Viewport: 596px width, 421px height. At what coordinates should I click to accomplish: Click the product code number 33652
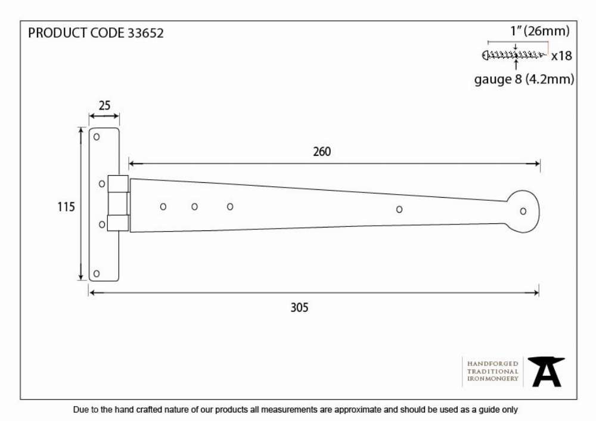145,33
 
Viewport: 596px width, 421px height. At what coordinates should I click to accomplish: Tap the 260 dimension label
322,152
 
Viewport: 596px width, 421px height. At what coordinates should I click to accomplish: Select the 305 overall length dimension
300,307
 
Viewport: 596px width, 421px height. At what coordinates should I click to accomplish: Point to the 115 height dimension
66,207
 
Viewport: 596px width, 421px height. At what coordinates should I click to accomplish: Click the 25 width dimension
104,105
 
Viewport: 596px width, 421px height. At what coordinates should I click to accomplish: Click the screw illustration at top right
515,55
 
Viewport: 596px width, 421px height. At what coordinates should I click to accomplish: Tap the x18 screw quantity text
561,56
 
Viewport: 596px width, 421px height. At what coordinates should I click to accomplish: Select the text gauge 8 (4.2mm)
524,79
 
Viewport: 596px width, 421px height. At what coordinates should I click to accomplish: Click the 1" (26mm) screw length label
540,31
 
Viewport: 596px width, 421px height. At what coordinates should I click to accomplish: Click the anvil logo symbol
546,372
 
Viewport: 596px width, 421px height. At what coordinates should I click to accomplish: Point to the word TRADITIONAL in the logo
493,371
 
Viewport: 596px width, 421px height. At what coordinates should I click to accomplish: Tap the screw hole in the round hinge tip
523,211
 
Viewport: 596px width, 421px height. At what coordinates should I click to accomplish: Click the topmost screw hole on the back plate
97,137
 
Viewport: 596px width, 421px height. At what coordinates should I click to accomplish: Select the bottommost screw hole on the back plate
97,273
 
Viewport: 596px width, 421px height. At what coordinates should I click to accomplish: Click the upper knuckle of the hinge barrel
118,184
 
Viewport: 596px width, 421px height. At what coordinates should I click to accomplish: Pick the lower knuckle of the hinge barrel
118,223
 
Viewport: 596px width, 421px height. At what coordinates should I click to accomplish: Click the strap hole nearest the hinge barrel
163,207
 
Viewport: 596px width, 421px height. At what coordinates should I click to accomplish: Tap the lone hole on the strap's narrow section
399,209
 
